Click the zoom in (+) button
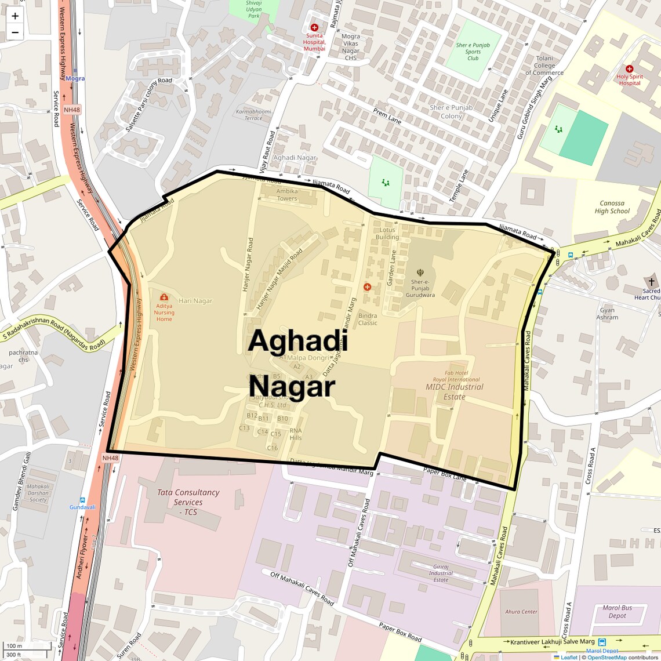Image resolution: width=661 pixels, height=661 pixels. point(15,16)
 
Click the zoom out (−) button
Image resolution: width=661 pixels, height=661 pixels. point(15,32)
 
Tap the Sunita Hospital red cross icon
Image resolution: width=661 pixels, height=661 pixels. point(314,27)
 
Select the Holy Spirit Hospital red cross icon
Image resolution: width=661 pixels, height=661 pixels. point(629,68)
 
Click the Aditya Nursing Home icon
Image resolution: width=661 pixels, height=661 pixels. point(164,297)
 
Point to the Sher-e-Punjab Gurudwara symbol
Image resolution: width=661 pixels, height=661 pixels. point(420,272)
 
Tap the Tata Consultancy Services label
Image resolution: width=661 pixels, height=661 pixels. point(188,502)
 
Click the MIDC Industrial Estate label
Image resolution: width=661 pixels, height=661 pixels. point(455,391)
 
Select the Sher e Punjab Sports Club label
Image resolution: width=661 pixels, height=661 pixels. point(473,52)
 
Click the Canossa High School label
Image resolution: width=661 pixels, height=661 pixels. point(612,207)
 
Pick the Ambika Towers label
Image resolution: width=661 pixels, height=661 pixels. point(287,195)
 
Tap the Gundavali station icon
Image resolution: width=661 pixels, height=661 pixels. point(82,500)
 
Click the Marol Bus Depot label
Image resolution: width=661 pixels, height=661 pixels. point(617,612)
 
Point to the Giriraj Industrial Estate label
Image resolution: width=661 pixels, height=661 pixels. point(441,573)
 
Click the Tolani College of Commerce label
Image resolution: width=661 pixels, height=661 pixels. point(544,66)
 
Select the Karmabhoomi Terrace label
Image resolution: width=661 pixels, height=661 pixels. point(253,115)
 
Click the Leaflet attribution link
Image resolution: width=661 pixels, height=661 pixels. point(569,657)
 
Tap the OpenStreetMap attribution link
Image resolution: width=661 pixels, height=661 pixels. point(606,657)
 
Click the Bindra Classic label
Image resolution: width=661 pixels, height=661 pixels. point(368,319)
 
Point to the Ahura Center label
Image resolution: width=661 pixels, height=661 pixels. point(521,612)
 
